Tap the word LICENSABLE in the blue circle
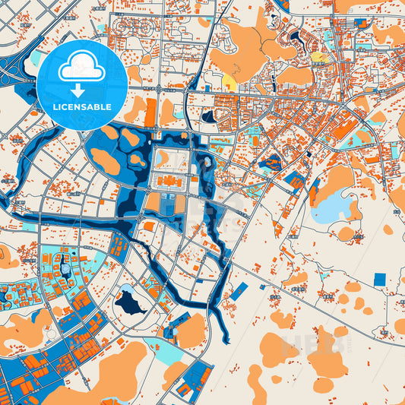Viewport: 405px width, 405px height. coord(81,107)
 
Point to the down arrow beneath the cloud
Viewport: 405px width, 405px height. coord(81,89)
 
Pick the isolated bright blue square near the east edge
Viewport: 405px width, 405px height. coord(379,279)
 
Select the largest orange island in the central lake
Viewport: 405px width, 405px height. coord(105,160)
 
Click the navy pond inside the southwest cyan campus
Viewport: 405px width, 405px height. coord(65,268)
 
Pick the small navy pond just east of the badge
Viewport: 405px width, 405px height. coord(207,117)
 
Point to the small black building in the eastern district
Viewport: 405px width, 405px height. coord(310,153)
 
